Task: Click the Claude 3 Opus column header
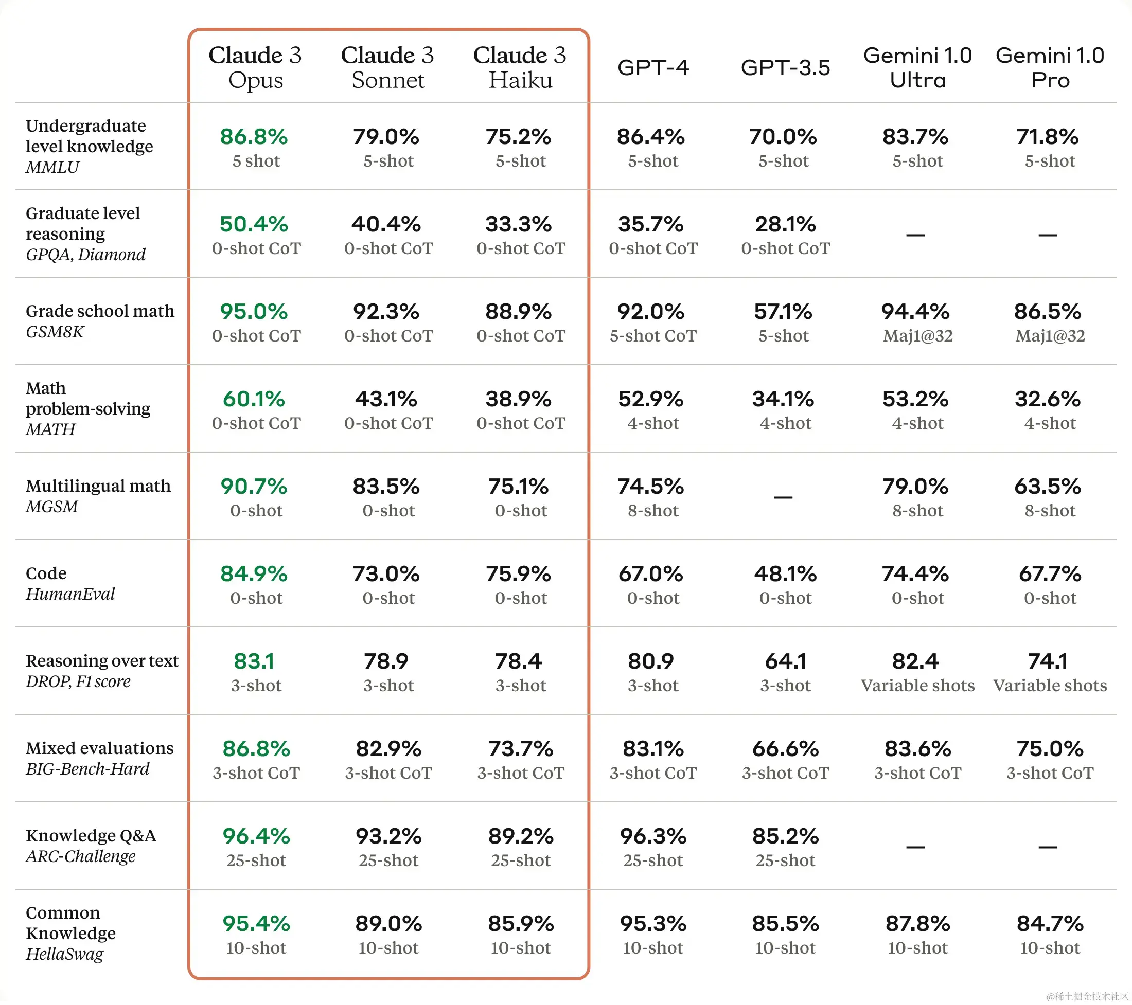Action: click(x=255, y=67)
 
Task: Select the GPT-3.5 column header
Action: click(x=785, y=67)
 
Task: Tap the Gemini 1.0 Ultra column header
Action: click(x=917, y=67)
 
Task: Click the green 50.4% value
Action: click(x=254, y=224)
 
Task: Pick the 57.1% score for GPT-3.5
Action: click(x=783, y=312)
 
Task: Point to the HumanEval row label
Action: click(x=70, y=594)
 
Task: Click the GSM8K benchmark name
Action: click(x=55, y=332)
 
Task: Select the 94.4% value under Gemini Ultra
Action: click(x=915, y=312)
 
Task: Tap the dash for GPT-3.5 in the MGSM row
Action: click(x=783, y=497)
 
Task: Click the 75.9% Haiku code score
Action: click(x=518, y=574)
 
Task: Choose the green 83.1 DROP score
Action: click(x=254, y=661)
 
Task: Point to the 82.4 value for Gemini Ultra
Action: click(x=915, y=661)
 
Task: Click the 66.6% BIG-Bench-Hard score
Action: click(x=785, y=749)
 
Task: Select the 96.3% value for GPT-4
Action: click(x=653, y=836)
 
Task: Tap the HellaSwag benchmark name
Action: click(x=65, y=954)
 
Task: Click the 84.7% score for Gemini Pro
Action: click(x=1050, y=924)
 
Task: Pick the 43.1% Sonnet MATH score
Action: click(x=386, y=399)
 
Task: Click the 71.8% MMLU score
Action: click(x=1047, y=137)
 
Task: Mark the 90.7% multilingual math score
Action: click(x=254, y=487)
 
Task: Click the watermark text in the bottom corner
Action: click(x=1087, y=997)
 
